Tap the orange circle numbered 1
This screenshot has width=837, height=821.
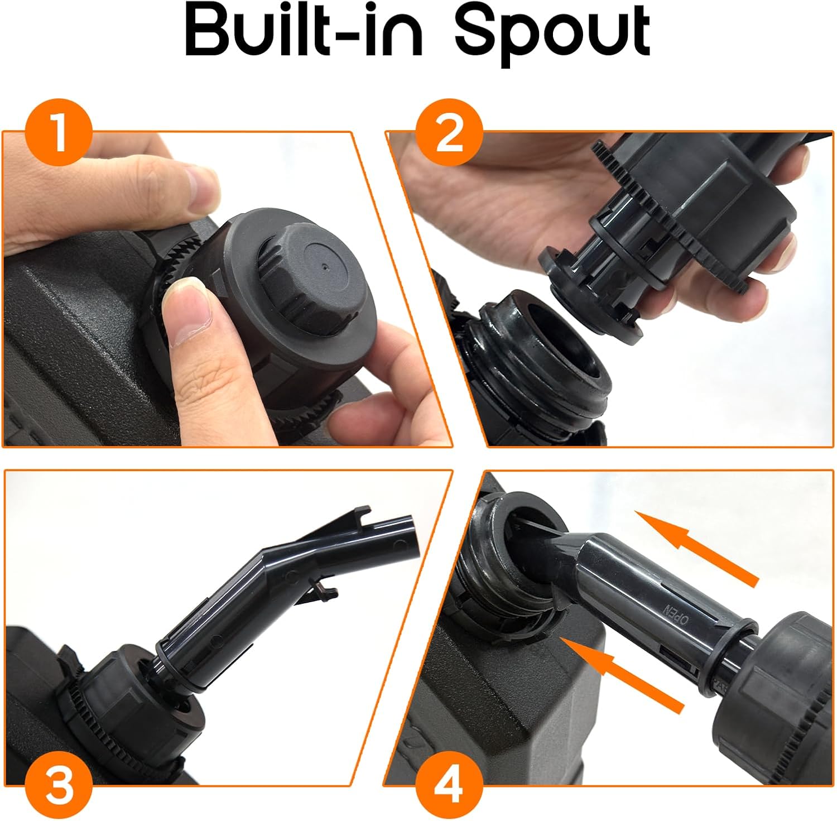[x=59, y=135]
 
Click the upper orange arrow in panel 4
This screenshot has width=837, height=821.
[x=698, y=549]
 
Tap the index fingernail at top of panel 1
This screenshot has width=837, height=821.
[x=200, y=187]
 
